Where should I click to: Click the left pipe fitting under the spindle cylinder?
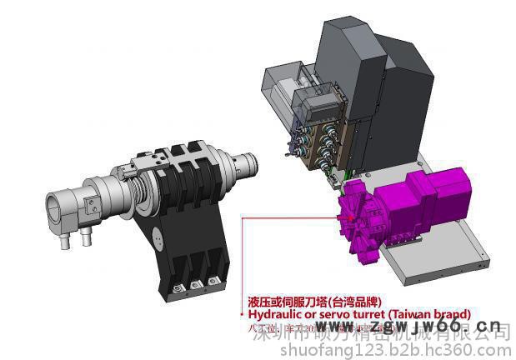(x=65, y=242)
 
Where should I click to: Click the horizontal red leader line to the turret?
(x=292, y=218)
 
